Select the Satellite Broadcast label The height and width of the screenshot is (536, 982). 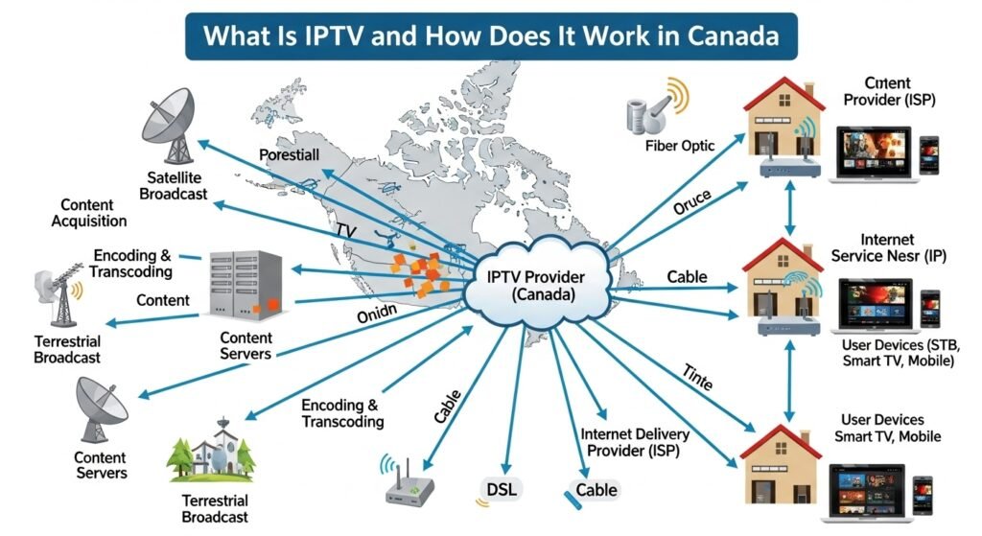(173, 185)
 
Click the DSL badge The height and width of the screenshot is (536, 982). (500, 489)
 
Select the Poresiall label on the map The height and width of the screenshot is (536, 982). (289, 153)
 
